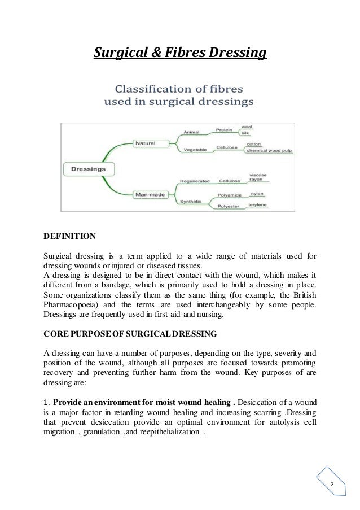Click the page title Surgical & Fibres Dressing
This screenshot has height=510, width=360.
(x=179, y=54)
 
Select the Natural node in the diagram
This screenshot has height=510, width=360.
(x=144, y=143)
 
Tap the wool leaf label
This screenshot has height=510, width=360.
(x=247, y=126)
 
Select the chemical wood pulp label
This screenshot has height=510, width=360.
(x=265, y=151)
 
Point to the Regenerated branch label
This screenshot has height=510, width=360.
(x=195, y=181)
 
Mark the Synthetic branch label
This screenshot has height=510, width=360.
(x=191, y=202)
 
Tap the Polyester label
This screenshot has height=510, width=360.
(x=229, y=207)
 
